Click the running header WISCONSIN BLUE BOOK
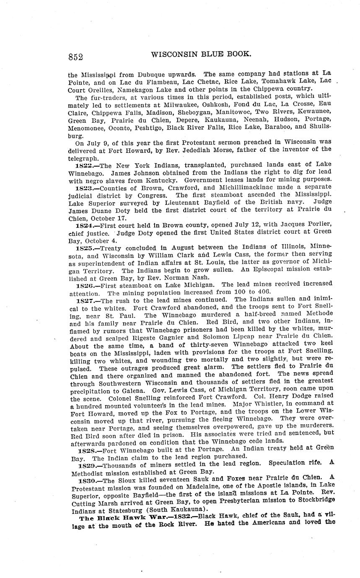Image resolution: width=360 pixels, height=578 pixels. pyautogui.click(x=201, y=54)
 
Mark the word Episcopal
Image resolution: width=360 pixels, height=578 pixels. pyautogui.click(x=258, y=271)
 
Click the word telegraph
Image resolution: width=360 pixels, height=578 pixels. pyautogui.click(x=84, y=159)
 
